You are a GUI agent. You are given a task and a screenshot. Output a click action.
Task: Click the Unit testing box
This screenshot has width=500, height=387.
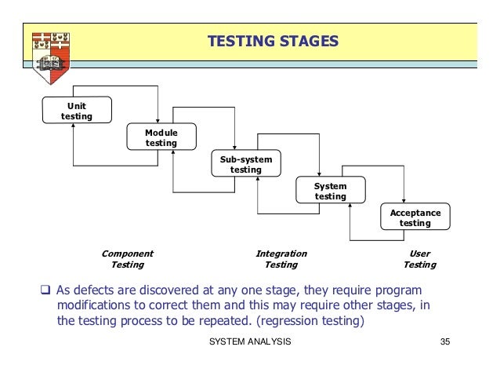point(77,111)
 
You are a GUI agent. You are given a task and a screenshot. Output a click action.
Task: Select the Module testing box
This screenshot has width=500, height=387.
point(161,138)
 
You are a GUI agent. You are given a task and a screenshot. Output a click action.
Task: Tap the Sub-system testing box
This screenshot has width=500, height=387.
point(246,165)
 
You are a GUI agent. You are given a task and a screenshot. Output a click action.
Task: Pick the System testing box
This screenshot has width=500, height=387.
point(330,192)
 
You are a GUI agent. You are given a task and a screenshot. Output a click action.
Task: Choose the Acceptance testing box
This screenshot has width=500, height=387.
point(415,218)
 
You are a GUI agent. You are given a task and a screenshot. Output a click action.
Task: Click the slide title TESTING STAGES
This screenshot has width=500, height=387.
point(273,40)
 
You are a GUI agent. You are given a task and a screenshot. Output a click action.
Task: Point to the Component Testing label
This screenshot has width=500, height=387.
point(127,260)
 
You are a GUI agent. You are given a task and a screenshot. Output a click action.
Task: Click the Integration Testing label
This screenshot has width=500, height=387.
point(281,260)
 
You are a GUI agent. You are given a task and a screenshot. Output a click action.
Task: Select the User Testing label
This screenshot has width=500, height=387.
point(419,260)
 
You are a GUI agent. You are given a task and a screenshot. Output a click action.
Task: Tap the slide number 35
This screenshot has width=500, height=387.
point(446,342)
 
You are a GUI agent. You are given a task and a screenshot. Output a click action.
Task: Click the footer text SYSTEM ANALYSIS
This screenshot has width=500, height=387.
point(251,342)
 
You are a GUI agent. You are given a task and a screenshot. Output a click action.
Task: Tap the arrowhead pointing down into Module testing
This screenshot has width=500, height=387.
point(158,121)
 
